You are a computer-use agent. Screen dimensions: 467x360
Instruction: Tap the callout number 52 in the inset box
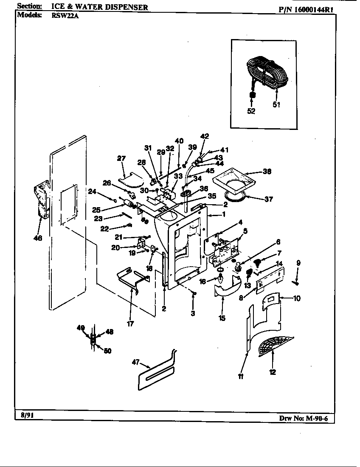pos(251,111)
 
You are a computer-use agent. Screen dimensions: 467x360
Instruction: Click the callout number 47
pos(136,362)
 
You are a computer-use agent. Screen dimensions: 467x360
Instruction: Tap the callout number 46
pos(38,238)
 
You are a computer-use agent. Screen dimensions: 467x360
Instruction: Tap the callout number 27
pos(121,158)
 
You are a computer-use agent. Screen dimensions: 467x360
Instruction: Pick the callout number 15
pos(222,318)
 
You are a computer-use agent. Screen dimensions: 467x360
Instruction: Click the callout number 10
pos(296,298)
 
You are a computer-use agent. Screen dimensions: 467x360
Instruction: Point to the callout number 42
pos(205,136)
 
